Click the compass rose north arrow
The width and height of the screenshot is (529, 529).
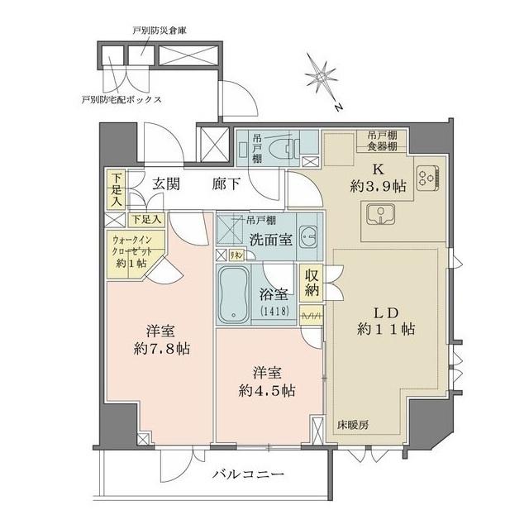tap(322, 79)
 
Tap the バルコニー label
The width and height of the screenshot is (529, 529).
tap(248, 475)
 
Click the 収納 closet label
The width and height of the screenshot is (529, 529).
tap(312, 283)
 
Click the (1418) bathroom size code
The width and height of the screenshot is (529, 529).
tap(269, 311)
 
